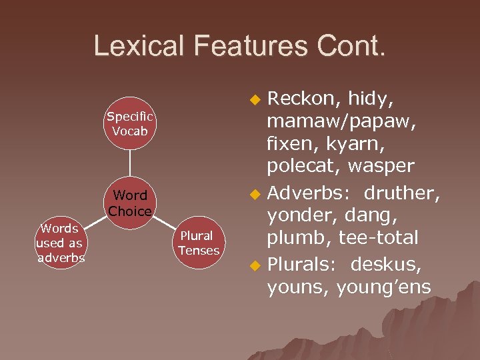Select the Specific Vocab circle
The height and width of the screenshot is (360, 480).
[x=130, y=123]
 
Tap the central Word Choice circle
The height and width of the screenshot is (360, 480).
[x=130, y=203]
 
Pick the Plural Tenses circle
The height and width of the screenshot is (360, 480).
[x=199, y=243]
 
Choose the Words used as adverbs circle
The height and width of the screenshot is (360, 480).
[x=61, y=243]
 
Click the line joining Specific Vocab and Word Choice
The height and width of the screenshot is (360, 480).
[x=130, y=163]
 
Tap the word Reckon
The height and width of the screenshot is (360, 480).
[x=301, y=99]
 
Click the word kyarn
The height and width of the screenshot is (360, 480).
[x=366, y=143]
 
